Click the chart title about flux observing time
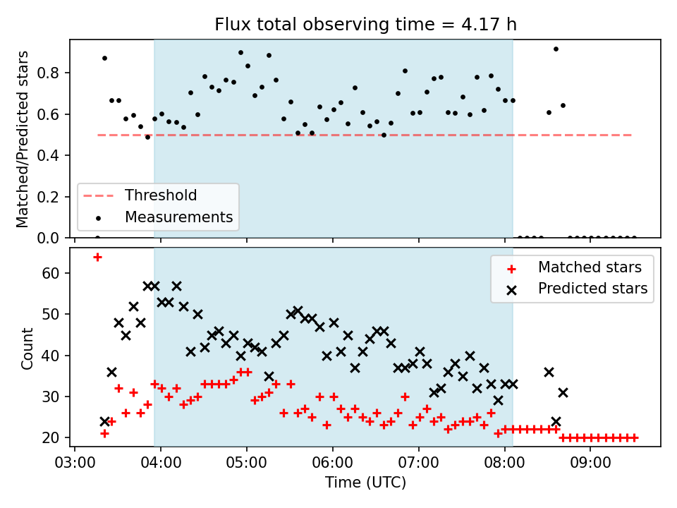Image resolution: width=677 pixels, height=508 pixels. coord(365,24)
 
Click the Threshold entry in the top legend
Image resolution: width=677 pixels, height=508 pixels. coord(140,195)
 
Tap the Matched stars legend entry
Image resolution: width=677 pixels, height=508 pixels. coord(574,267)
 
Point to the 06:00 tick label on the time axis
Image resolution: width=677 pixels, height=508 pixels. coord(332,463)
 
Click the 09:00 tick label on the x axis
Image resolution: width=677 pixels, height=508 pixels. coord(590,463)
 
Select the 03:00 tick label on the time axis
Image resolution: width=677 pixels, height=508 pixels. coord(75,463)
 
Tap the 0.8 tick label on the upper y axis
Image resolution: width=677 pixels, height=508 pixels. coord(48,73)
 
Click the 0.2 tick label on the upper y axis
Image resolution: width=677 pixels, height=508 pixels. coord(48,197)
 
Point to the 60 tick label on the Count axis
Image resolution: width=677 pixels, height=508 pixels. coord(51,273)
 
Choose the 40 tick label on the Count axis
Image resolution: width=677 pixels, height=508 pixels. coord(51,356)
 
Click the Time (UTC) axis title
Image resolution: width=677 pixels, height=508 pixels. coord(365,483)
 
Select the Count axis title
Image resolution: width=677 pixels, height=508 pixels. coord(27,348)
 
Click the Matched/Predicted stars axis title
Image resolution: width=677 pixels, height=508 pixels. coord(22,139)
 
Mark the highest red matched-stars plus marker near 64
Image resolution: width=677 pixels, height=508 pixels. coord(97,258)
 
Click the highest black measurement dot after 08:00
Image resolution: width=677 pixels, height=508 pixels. coord(556,49)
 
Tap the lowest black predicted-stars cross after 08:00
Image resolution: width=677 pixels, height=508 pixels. coord(556,421)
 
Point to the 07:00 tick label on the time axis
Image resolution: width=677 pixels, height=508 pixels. coord(418,463)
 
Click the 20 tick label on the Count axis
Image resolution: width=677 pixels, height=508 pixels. coord(51,438)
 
